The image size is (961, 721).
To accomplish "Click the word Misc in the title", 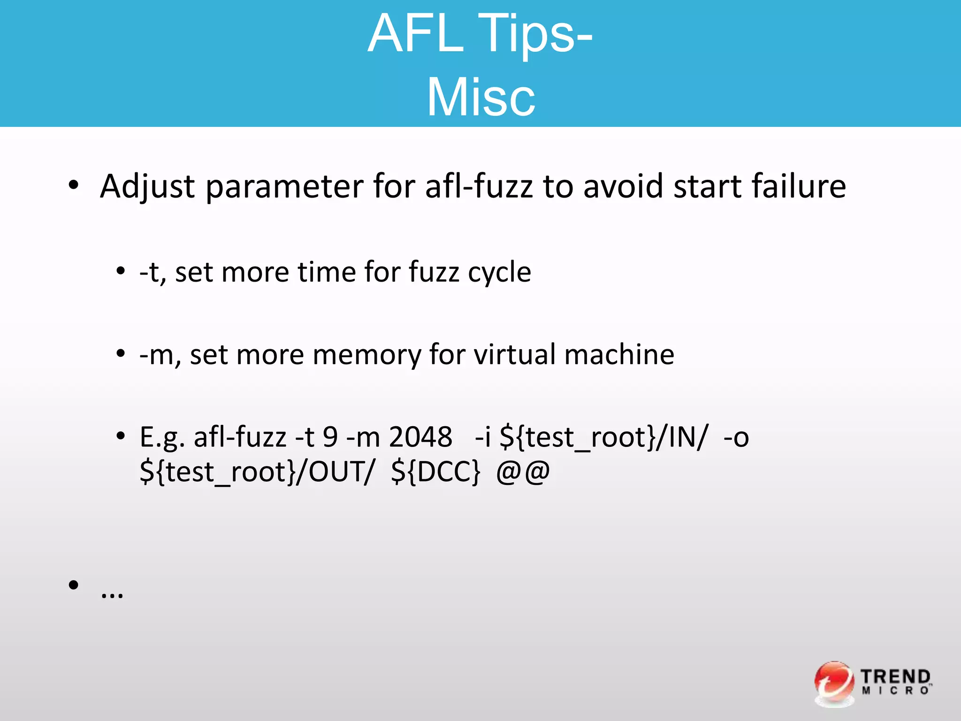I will pos(480,98).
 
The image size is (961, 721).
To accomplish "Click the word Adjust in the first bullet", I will pos(147,187).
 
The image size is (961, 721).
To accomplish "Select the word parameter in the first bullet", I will pos(285,187).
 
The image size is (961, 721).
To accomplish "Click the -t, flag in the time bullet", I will pos(153,272).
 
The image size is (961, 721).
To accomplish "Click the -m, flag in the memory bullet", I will pos(160,355).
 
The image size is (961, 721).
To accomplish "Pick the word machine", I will pos(619,354).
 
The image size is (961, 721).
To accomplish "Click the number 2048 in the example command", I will pos(420,437).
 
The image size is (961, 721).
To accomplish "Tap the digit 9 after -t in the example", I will pos(330,437).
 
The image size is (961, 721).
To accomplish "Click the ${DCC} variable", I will pos(436,472).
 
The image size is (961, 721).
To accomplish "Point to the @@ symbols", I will pos(523,472).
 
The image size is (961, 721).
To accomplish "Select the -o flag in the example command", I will pos(736,437).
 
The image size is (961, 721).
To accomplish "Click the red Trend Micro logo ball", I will pos(834,683).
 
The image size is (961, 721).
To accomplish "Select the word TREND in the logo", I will pos(895,677).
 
